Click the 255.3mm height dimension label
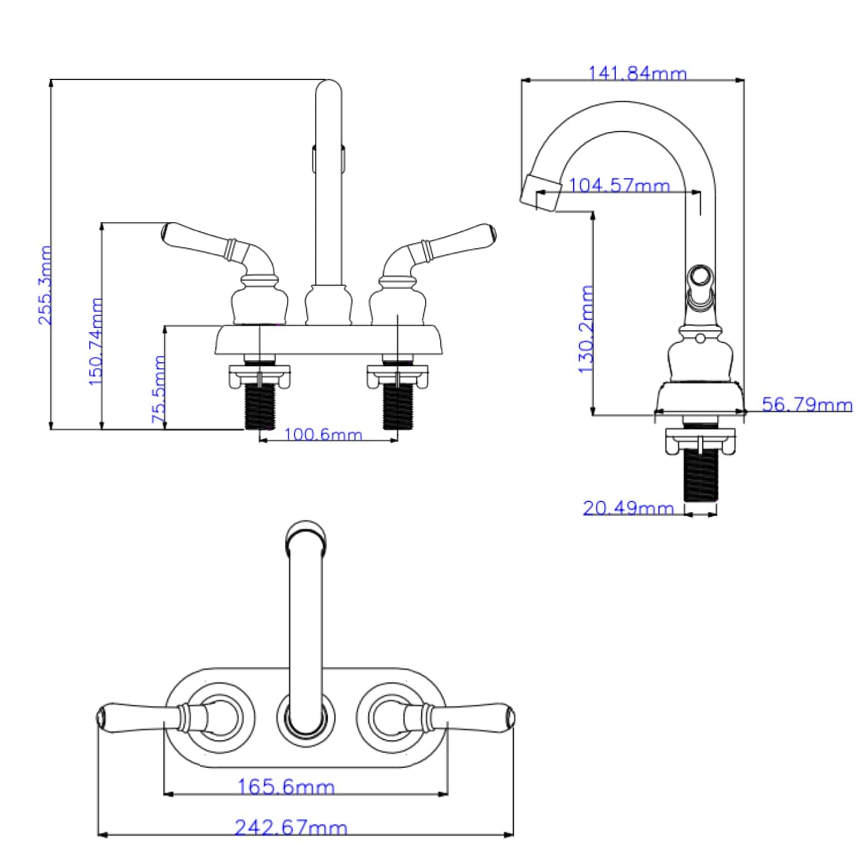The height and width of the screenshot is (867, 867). click(45, 285)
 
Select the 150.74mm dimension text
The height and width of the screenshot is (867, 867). click(95, 342)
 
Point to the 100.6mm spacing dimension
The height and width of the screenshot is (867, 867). click(323, 434)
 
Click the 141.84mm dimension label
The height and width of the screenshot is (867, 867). click(637, 73)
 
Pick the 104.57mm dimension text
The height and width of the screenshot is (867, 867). click(619, 186)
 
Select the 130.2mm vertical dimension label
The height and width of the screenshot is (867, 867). click(586, 329)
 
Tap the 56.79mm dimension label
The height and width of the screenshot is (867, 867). click(806, 404)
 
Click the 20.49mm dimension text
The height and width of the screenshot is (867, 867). click(628, 508)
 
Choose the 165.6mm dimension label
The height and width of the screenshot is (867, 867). click(286, 787)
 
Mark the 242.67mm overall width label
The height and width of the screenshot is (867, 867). click(291, 828)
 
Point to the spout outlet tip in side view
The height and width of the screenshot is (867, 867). click(541, 193)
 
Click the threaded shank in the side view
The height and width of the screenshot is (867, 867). click(701, 475)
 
